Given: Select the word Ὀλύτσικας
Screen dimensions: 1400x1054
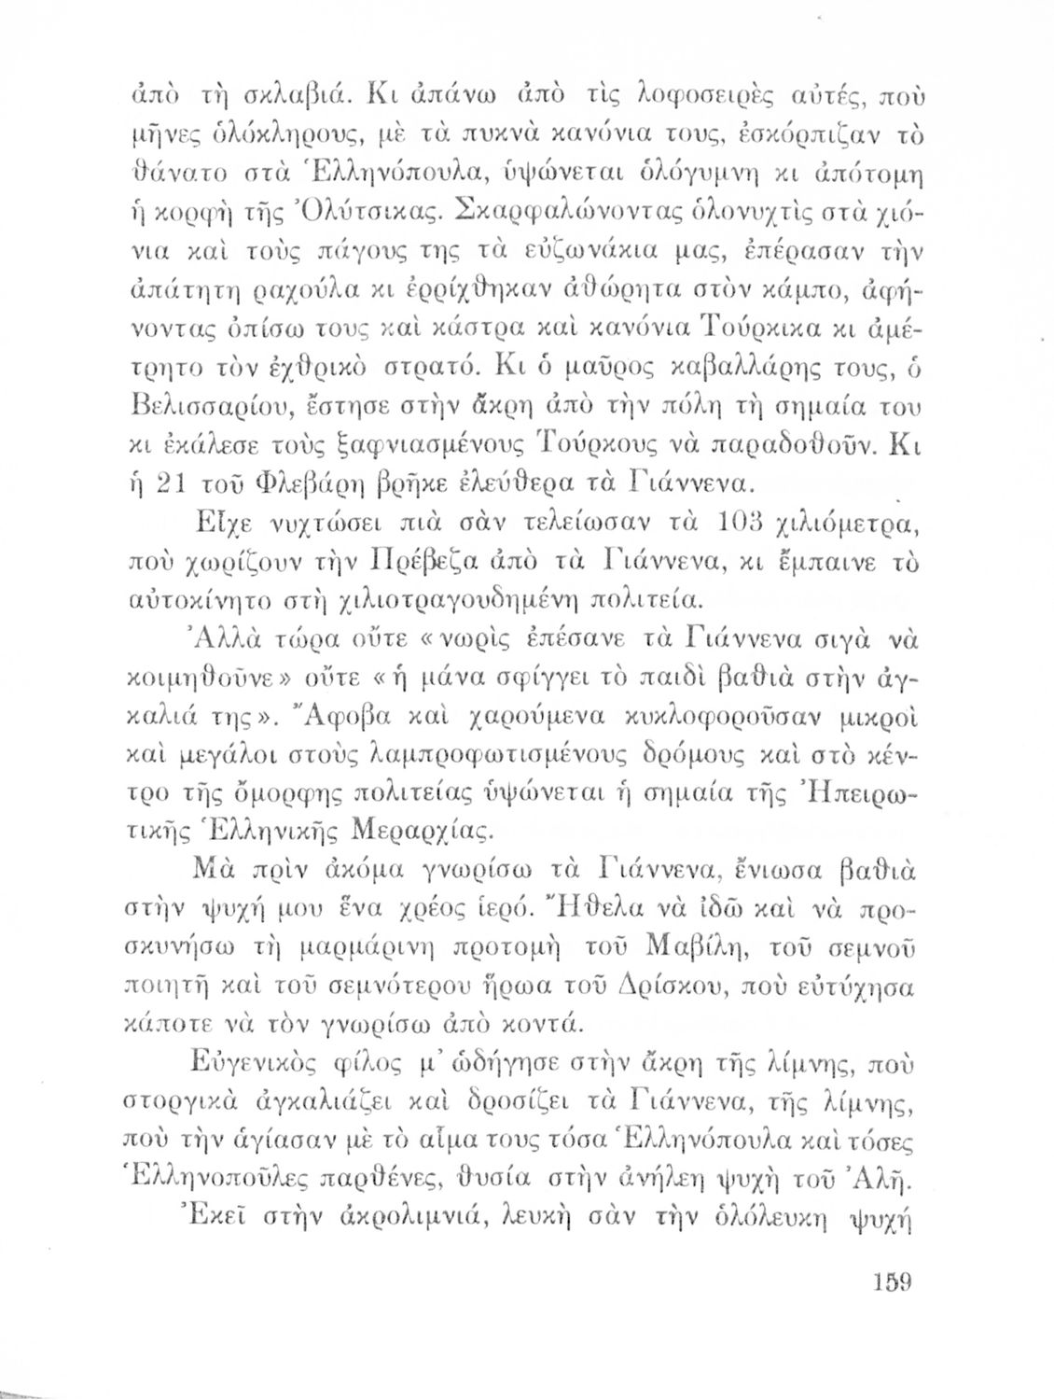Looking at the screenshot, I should (344, 206).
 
